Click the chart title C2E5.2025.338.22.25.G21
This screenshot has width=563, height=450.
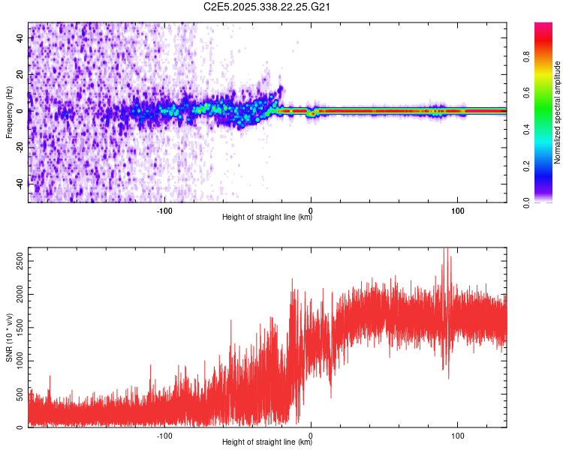[267, 7]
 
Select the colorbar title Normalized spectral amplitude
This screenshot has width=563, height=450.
[558, 112]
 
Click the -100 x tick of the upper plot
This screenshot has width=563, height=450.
[164, 210]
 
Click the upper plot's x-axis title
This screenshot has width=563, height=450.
[267, 218]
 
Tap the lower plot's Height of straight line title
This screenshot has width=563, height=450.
[267, 442]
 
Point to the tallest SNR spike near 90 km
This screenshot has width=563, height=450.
[447, 250]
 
